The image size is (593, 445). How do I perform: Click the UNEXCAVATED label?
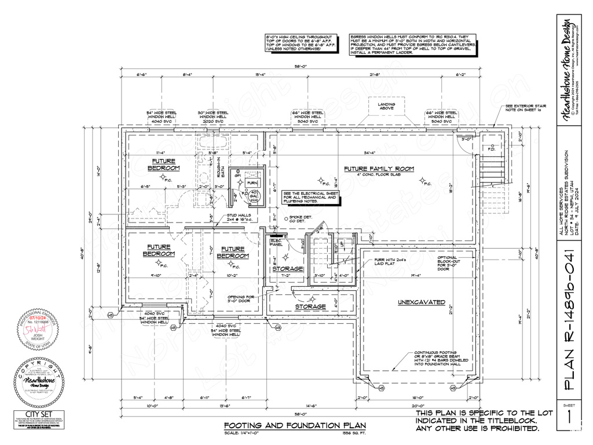point(421,302)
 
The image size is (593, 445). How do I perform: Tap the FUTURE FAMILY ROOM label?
point(379,169)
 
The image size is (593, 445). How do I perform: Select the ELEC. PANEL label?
point(276,242)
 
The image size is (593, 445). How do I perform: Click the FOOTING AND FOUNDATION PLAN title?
point(295,426)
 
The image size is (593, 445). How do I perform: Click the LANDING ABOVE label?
point(387,107)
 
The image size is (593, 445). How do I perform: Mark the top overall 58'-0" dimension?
point(299,67)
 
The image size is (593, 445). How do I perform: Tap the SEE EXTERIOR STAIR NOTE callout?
point(526,109)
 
